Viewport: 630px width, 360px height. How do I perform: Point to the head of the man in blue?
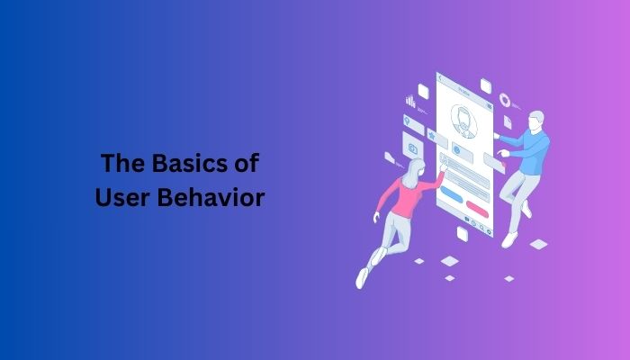[537, 121]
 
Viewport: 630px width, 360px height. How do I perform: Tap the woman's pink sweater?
[405, 197]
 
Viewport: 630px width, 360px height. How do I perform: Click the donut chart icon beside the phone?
[505, 99]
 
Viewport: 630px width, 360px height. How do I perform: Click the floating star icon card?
[433, 136]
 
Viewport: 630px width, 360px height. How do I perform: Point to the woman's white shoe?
[362, 277]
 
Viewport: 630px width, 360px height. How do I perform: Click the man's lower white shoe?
[510, 238]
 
